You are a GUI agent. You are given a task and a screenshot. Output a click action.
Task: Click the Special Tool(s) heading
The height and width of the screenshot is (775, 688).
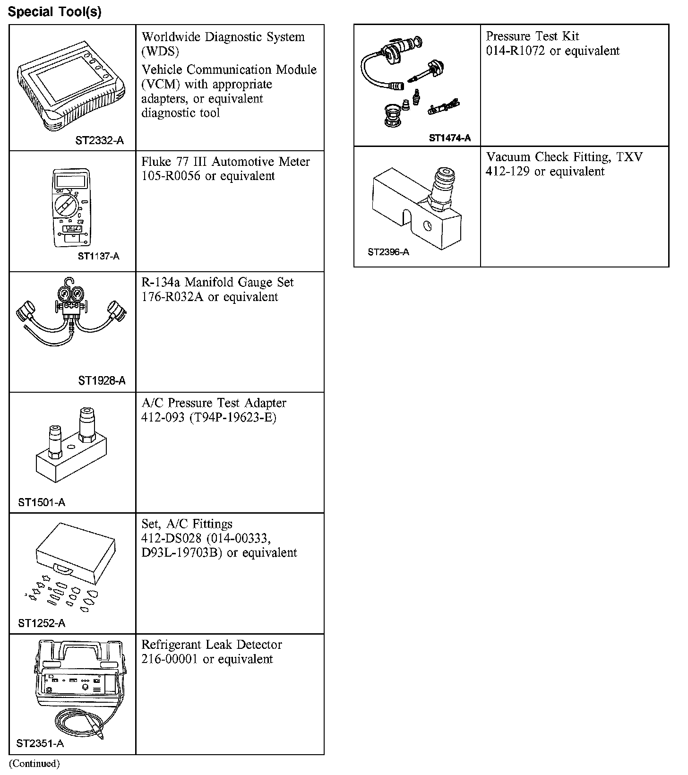55,12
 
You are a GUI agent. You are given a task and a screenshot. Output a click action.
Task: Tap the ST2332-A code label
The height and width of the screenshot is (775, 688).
99,140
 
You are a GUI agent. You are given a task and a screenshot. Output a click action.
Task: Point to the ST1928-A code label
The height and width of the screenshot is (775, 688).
102,381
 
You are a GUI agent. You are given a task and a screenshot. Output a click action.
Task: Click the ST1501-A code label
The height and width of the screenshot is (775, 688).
42,502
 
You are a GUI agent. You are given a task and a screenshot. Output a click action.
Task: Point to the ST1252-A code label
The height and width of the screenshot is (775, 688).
42,623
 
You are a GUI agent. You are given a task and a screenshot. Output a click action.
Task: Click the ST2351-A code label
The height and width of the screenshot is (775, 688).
40,744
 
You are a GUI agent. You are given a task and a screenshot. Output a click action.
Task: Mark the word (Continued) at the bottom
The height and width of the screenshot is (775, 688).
34,763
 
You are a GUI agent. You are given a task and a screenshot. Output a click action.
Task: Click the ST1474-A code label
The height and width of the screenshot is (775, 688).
450,138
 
